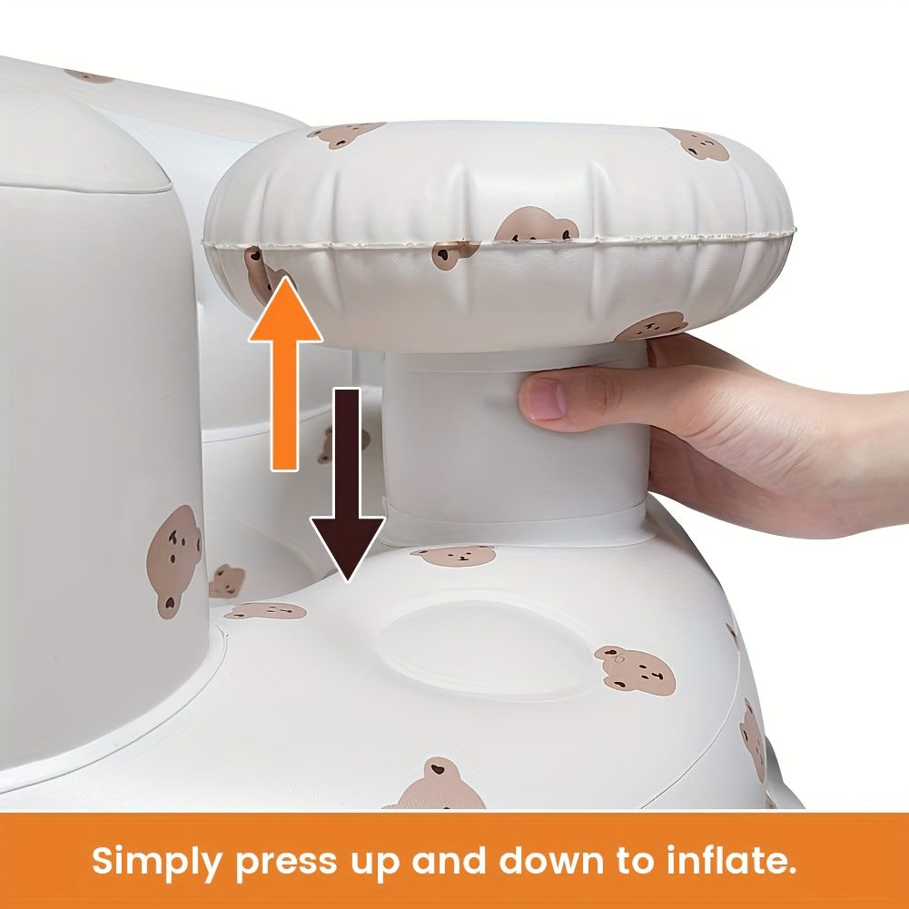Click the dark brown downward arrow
[347, 484]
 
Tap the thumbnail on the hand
[546, 399]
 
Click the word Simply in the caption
[156, 862]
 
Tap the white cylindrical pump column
[515, 440]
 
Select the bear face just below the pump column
[454, 556]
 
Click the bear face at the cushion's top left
[345, 133]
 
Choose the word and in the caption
[449, 860]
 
